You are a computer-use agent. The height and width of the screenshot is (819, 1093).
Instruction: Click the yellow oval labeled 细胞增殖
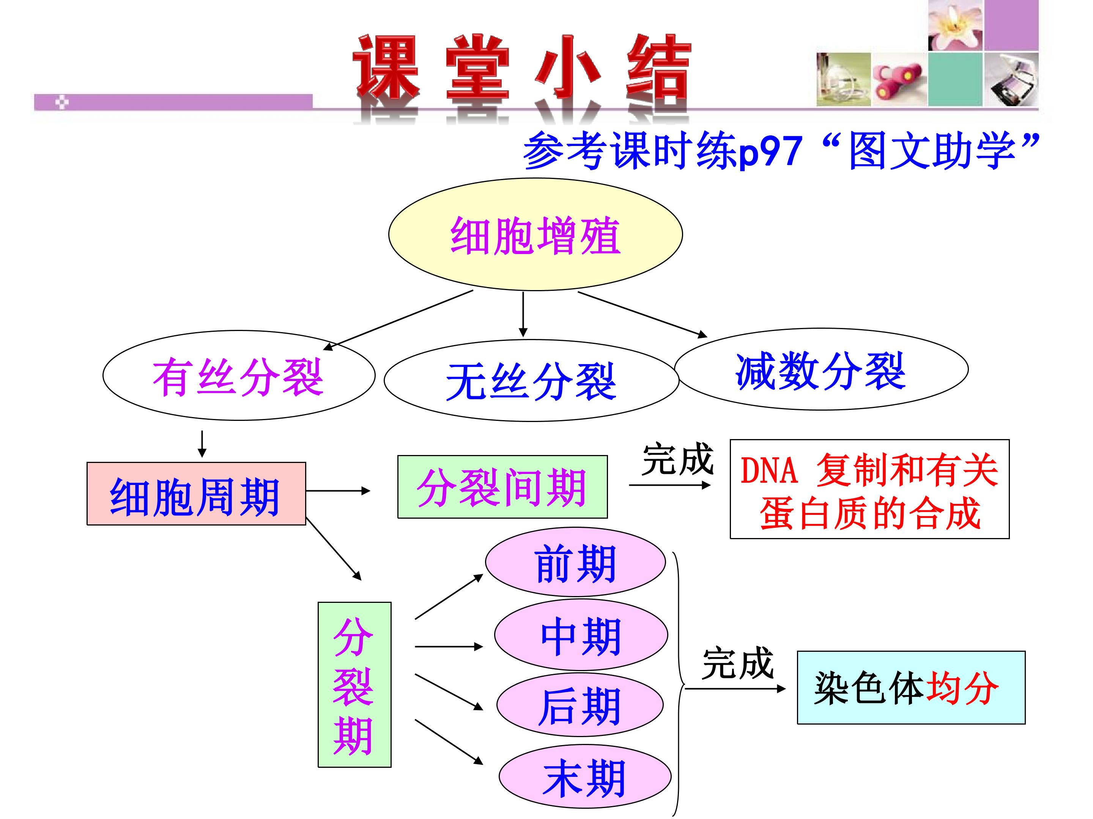pyautogui.click(x=535, y=234)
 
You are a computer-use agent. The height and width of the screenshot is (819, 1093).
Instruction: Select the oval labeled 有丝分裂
pyautogui.click(x=239, y=375)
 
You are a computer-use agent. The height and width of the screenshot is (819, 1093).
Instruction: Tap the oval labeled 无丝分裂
pyautogui.click(x=531, y=380)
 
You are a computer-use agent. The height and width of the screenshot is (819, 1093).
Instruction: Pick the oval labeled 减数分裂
pyautogui.click(x=821, y=369)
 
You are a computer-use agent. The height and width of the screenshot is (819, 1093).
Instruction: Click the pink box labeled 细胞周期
pyautogui.click(x=196, y=494)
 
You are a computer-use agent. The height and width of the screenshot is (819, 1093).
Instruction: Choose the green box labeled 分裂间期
pyautogui.click(x=502, y=487)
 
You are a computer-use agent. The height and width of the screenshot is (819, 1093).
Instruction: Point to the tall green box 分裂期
pyautogui.click(x=354, y=685)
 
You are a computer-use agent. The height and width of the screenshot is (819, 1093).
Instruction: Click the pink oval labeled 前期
pyautogui.click(x=576, y=562)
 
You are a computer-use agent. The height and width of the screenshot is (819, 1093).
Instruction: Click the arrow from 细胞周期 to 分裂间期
pyautogui.click(x=338, y=491)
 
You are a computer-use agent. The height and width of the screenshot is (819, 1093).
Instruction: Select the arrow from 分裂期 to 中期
pyautogui.click(x=449, y=646)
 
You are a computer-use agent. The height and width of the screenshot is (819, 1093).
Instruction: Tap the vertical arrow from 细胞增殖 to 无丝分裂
pyautogui.click(x=523, y=314)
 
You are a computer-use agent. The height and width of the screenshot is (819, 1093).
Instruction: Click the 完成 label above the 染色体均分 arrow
pyautogui.click(x=738, y=664)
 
